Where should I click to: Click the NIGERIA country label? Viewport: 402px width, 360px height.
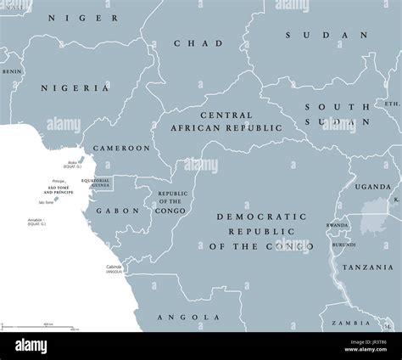click(81, 87)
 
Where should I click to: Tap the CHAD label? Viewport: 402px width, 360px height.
click(198, 43)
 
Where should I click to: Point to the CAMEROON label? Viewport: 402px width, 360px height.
click(121, 148)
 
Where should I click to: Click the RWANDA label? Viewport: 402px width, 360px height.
click(338, 225)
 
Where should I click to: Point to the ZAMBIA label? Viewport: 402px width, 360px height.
click(349, 323)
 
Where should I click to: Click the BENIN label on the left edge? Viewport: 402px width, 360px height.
click(10, 72)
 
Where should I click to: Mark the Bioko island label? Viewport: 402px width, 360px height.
click(75, 160)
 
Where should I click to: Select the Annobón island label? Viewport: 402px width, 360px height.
click(36, 222)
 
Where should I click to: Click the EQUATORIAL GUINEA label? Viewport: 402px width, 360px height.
click(96, 183)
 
